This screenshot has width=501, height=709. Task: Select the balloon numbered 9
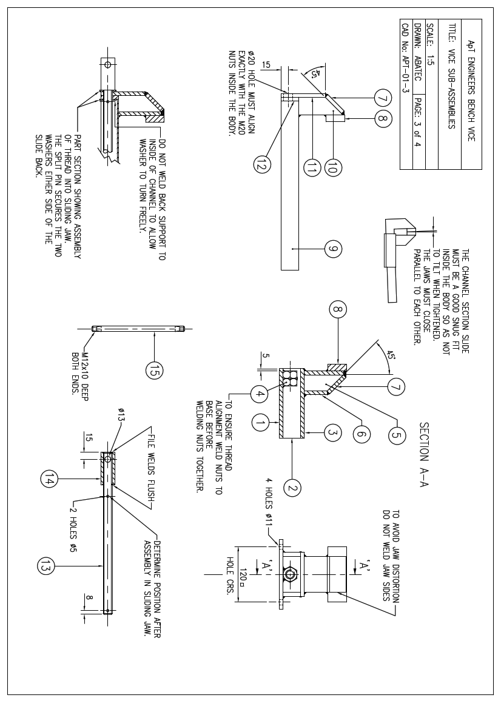[x=333, y=248]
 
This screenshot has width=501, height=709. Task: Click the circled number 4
[x=260, y=394]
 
